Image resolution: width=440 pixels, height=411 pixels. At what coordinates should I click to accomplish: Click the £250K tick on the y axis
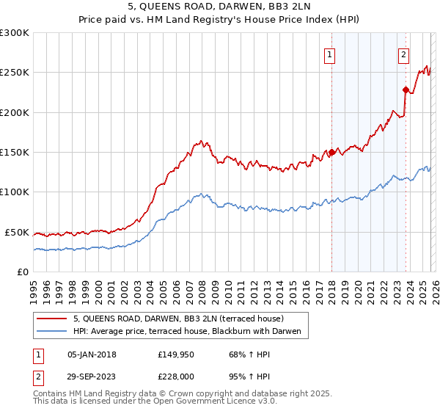click(15, 73)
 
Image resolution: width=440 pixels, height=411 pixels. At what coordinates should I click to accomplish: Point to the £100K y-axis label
click(15, 192)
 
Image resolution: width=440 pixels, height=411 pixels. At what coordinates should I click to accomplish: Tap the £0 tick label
click(23, 272)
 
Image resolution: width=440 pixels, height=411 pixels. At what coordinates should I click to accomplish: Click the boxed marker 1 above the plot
click(330, 54)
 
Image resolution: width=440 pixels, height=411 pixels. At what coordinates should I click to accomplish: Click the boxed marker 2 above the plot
click(404, 54)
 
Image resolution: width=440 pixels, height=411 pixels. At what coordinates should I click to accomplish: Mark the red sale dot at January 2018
click(331, 153)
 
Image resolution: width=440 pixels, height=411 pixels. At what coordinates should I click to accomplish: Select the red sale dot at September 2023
click(406, 90)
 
